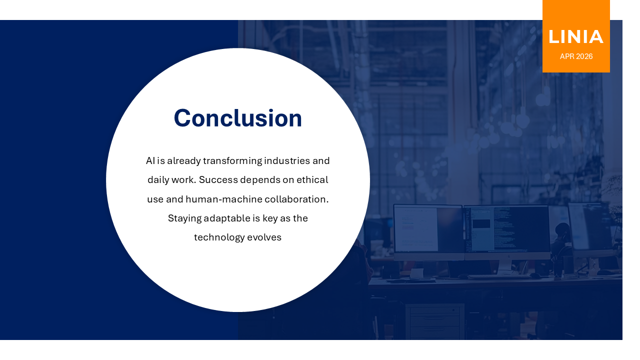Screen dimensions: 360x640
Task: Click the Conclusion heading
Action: coord(238,118)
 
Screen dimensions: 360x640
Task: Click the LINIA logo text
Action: coord(576,37)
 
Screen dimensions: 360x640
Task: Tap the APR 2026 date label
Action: coord(576,56)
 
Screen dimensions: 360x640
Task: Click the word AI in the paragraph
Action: coord(150,161)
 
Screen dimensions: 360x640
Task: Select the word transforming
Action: coord(232,161)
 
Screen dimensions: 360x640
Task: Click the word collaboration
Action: coord(296,199)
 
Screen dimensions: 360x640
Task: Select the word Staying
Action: coord(184,218)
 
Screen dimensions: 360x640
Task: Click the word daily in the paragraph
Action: coord(158,180)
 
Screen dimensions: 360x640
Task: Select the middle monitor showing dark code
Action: coord(506,230)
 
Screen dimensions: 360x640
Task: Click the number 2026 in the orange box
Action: coord(584,56)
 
